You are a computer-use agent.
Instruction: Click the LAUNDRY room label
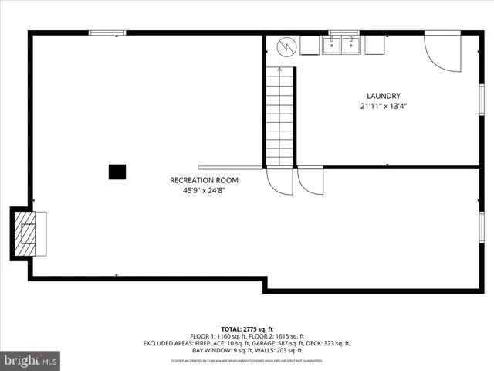pos(383,96)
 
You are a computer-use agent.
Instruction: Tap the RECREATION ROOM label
pos(204,180)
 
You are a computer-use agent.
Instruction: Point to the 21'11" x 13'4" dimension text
pos(383,106)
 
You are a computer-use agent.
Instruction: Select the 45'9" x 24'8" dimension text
pos(204,190)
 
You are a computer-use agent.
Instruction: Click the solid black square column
pos(117,172)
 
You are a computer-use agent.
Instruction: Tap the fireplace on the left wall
pos(27,233)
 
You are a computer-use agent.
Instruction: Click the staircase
pos(279,116)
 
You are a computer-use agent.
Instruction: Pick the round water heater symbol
pos(286,46)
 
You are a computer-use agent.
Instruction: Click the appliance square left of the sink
pos(310,46)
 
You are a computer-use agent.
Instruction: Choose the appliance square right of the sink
pos(374,46)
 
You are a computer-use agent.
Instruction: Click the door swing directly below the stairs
pos(279,182)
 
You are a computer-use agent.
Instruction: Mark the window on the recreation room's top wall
pos(107,32)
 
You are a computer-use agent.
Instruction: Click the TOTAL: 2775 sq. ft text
pos(246,328)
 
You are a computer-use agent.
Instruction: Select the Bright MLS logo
pos(31,359)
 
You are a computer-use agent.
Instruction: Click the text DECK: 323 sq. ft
pos(330,343)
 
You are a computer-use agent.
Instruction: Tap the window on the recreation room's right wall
pos(482,232)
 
